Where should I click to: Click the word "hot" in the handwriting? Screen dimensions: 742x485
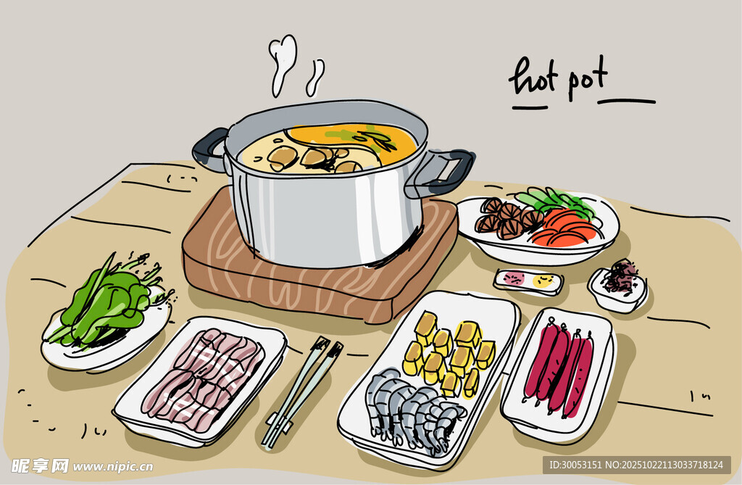pos(534,77)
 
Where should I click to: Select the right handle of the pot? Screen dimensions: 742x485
pos(445,172)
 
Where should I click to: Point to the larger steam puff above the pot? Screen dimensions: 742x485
pos(282,62)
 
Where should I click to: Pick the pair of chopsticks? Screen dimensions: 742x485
pos(302,393)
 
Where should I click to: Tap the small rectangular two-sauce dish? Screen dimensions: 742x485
pos(528,281)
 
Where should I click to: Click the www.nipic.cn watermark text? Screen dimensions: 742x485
pos(112,467)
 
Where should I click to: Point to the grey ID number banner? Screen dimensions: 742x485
pos(636,465)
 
